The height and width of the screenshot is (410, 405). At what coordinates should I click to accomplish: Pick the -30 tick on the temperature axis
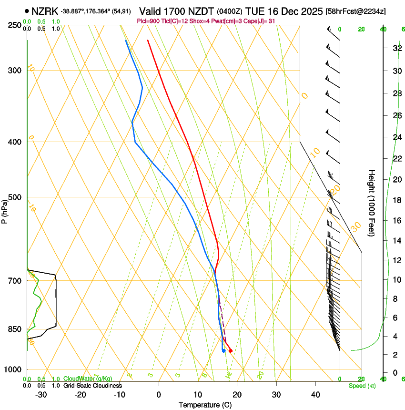41,394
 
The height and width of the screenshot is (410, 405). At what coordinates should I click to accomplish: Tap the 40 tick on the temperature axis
315,394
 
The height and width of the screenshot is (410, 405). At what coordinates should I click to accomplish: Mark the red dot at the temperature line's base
230,351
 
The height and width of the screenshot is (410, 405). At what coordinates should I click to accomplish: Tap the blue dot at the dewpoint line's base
223,351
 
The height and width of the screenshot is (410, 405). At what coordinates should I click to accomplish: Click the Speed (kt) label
362,386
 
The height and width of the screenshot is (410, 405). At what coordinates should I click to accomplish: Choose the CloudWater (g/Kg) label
88,379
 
